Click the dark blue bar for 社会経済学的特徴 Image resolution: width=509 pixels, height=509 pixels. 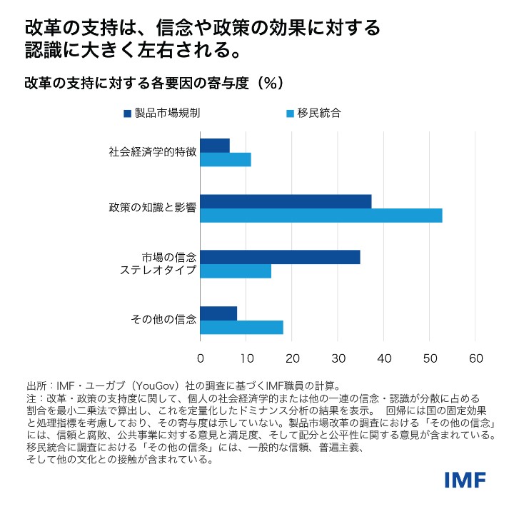pos(215,145)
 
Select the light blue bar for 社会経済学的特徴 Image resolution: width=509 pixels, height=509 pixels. pos(226,159)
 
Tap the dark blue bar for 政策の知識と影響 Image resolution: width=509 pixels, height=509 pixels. pos(286,201)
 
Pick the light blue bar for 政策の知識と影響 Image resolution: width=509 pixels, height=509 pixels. pos(321,215)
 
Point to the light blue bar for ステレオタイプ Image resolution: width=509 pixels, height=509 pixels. pos(236,271)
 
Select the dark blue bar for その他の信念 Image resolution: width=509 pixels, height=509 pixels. pos(218,313)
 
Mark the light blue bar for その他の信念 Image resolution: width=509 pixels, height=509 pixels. pos(241,327)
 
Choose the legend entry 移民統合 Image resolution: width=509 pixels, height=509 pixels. pos(317,112)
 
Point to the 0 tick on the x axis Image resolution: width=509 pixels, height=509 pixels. pos(201,358)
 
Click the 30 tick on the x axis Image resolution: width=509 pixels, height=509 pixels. pos(338,358)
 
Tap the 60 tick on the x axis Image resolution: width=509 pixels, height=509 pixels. pos(476,358)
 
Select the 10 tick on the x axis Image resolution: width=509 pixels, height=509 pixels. pos(246,358)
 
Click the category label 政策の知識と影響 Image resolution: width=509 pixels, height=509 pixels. pos(152,208)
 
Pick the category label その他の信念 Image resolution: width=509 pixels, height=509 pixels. pos(164,320)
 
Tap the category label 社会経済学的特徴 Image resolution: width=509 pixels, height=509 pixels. pos(152,152)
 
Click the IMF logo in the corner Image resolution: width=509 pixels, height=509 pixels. pos(465,480)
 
